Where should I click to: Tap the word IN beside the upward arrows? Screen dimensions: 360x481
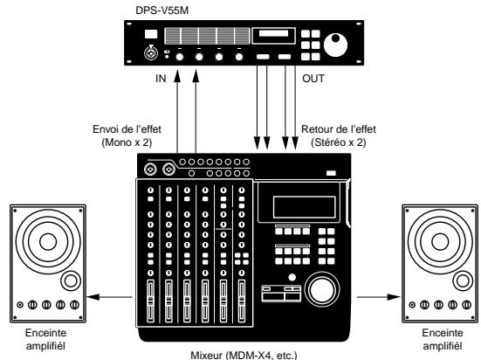point(161,78)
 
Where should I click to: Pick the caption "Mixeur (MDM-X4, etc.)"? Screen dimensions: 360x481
point(239,354)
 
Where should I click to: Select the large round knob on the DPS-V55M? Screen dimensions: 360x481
point(334,45)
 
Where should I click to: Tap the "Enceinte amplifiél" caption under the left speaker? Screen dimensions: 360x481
point(46,338)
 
